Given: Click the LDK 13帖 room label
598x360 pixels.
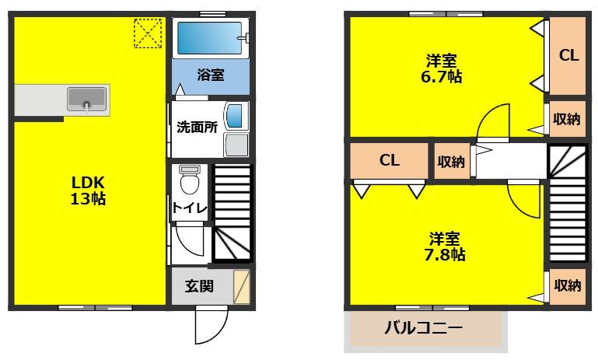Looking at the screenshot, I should tap(88, 190).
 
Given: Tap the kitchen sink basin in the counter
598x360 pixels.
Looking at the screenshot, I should tap(86, 99).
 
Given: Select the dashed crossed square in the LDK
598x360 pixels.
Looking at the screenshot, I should tap(145, 32).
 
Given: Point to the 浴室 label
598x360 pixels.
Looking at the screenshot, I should tap(210, 75).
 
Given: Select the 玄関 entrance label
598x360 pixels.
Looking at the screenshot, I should tap(199, 285).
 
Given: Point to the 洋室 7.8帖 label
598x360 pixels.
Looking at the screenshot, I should tap(446, 246).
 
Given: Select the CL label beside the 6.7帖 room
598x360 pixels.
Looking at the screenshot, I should tap(568, 56).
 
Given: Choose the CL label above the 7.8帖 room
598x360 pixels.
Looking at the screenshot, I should tap(389, 160).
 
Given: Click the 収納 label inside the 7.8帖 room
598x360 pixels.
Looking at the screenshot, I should tap(567, 285).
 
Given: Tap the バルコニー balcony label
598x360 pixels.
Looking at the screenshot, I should tap(424, 327).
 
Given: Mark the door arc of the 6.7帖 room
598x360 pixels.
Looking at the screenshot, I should tap(491, 122).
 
